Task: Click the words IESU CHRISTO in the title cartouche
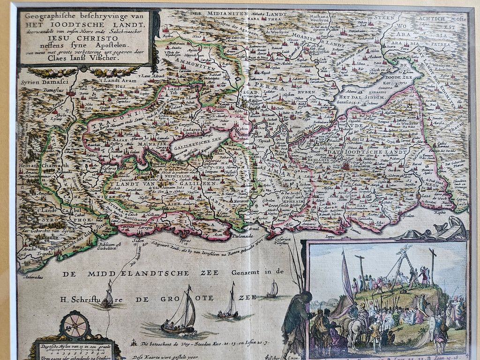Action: pyautogui.click(x=84, y=39)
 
